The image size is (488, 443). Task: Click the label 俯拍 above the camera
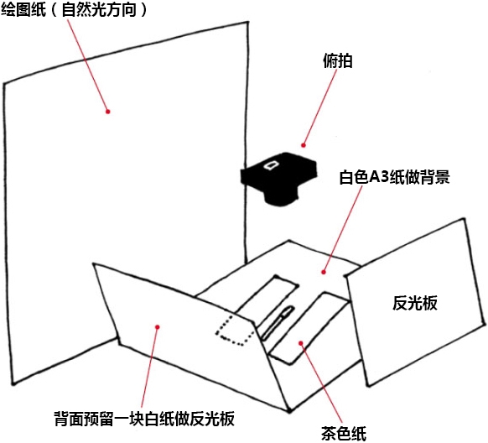tap(338, 61)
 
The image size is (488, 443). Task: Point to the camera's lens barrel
tap(282, 197)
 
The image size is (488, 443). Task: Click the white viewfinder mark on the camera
tap(272, 164)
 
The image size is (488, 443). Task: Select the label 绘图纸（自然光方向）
tap(74, 9)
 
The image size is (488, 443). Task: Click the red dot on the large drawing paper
tap(108, 112)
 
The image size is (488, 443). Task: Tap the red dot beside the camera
tap(304, 145)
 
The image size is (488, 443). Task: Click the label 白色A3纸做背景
tap(394, 177)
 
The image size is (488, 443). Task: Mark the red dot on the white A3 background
tap(324, 272)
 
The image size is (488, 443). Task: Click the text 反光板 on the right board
tap(414, 303)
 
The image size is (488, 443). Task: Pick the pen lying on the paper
tap(278, 322)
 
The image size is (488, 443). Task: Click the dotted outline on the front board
tap(236, 330)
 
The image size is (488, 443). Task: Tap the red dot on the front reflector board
tap(158, 327)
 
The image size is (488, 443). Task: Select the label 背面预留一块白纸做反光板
tap(144, 418)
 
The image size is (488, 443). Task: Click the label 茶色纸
tap(343, 433)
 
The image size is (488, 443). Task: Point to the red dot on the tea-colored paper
tap(301, 343)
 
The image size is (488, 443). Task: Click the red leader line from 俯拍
tap(320, 107)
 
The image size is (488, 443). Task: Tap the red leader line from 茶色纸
tap(321, 383)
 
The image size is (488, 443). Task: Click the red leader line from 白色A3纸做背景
tap(343, 229)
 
